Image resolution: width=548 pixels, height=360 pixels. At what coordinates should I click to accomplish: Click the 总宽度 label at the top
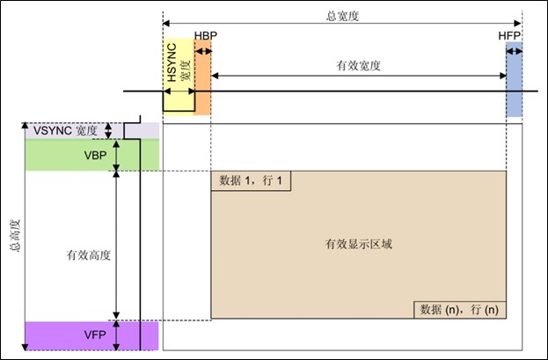[342, 16]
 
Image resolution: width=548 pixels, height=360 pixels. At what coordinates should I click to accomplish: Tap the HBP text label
[206, 35]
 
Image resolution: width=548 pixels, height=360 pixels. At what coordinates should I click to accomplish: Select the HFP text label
[509, 36]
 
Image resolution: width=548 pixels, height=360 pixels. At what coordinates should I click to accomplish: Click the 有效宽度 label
[358, 65]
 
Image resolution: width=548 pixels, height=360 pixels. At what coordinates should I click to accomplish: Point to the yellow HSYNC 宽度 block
[179, 75]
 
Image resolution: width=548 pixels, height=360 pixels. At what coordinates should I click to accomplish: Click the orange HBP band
[202, 77]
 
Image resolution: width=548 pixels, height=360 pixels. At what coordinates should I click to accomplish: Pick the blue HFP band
[514, 79]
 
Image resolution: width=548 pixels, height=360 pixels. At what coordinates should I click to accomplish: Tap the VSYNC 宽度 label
[65, 131]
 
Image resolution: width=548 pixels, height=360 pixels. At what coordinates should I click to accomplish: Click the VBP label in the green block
[95, 155]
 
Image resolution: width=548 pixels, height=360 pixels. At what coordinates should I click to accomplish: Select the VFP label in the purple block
[95, 334]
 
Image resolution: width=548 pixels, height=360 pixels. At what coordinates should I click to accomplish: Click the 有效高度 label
[89, 255]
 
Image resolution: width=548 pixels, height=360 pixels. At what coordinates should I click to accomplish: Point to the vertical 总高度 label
[16, 236]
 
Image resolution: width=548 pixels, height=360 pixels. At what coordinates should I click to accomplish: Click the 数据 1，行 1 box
[251, 180]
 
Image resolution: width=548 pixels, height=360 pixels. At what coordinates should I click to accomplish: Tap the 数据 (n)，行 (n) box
[460, 310]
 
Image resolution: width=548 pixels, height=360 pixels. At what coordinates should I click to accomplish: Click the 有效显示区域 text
[359, 244]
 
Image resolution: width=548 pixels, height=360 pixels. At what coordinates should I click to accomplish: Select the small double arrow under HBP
[203, 51]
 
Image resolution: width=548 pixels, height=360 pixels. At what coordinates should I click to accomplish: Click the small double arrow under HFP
[514, 52]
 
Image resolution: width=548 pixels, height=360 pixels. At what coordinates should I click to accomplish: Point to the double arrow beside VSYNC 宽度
[108, 131]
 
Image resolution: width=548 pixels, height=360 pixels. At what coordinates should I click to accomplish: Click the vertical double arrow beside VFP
[116, 335]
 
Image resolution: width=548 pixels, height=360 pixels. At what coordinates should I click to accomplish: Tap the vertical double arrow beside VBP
[116, 155]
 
